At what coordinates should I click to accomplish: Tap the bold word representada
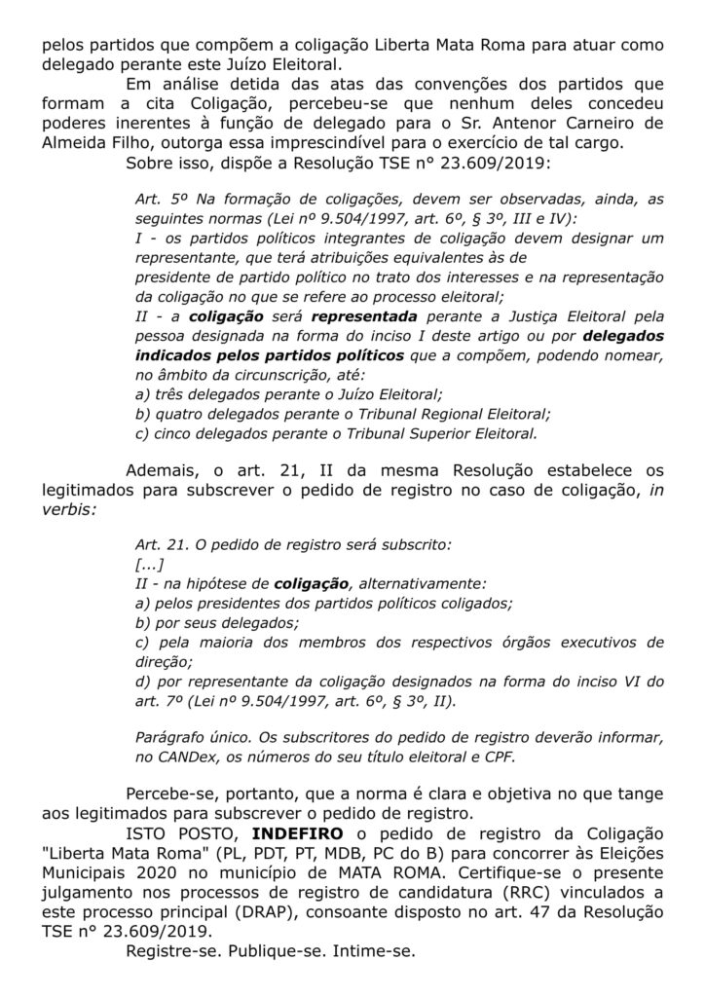coord(364,316)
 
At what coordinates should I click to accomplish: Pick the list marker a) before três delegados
coord(143,393)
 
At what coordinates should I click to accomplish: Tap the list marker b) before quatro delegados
coord(143,413)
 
